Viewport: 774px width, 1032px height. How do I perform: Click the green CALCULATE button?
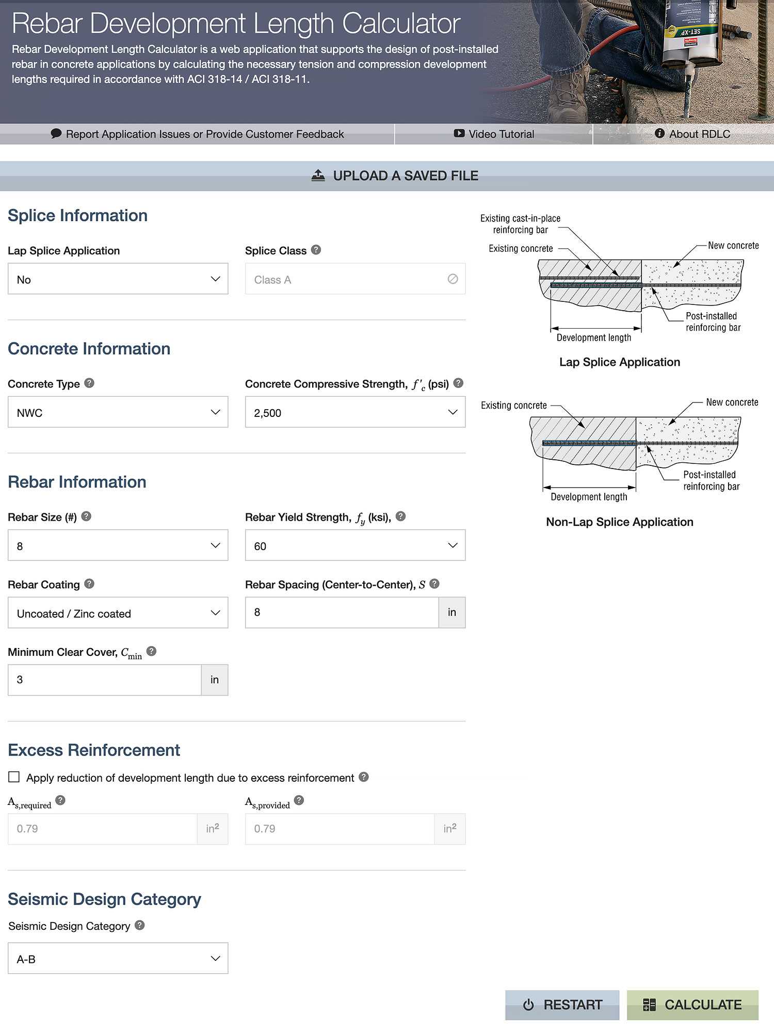coord(692,1005)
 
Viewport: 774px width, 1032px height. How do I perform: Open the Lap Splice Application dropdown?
coord(118,279)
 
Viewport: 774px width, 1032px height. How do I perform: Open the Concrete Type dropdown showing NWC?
coord(118,412)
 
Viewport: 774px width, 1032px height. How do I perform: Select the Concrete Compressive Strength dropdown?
coord(355,412)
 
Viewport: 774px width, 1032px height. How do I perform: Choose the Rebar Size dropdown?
coord(118,545)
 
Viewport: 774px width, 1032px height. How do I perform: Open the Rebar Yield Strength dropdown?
coord(355,545)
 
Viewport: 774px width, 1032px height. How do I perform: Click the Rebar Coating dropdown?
coord(118,613)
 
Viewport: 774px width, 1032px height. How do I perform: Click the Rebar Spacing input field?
coord(342,612)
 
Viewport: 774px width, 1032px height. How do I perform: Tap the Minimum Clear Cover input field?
coord(105,680)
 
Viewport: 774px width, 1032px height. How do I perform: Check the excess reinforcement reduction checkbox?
coord(14,777)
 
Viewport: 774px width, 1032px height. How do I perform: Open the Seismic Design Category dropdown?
coord(118,959)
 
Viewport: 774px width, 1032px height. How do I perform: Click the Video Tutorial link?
coord(494,134)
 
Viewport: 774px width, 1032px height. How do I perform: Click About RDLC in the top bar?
coord(692,134)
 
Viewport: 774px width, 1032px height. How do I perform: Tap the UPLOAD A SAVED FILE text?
coord(405,176)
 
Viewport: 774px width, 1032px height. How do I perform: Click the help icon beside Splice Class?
coord(316,250)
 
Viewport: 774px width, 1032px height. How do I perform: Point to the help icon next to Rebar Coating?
coord(89,584)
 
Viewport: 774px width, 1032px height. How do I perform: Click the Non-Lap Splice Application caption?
coord(619,522)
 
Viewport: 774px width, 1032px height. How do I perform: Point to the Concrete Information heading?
coord(89,349)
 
